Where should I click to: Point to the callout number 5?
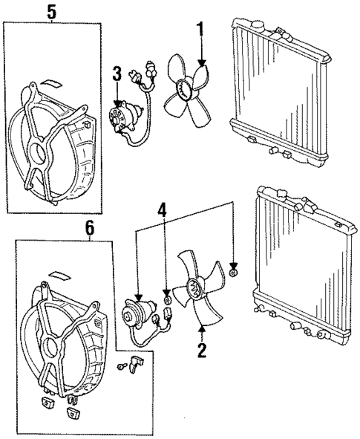click(x=51, y=13)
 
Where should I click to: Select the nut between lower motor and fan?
click(x=168, y=300)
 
